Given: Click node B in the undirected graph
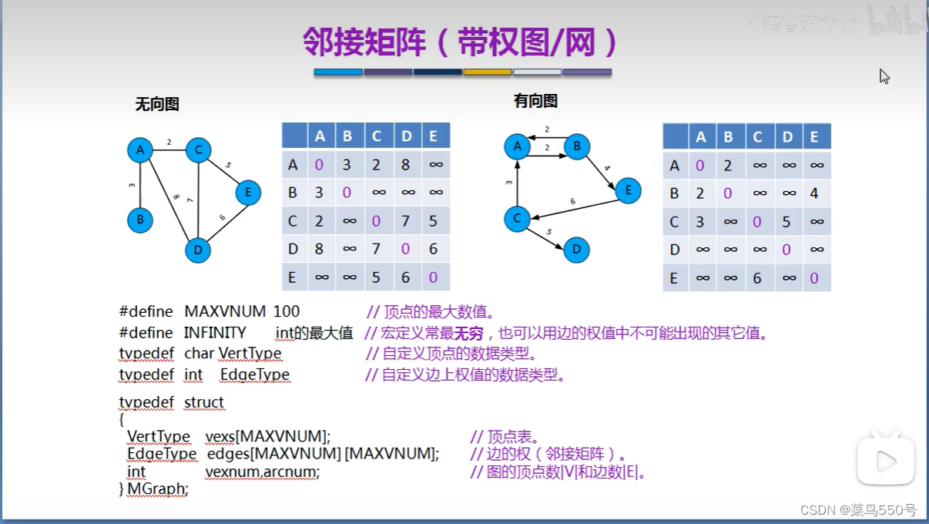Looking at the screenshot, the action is tap(140, 220).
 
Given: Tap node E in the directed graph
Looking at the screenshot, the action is tap(628, 190).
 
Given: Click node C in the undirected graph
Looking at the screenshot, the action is tap(198, 149).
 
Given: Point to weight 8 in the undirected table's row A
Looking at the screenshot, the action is tap(406, 164).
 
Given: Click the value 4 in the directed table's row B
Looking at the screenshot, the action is tap(814, 193).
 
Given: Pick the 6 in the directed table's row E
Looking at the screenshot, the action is tap(757, 278).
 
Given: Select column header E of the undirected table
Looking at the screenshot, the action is tap(434, 136).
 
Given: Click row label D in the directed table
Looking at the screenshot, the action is tap(675, 250).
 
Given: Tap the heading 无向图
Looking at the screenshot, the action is tap(157, 105).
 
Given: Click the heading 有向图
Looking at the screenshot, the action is tap(535, 101).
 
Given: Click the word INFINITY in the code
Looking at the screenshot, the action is tap(215, 333).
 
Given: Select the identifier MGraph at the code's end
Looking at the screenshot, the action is tap(157, 489).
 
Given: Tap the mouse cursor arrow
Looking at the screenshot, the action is tap(884, 76).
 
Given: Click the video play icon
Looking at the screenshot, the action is tap(886, 462).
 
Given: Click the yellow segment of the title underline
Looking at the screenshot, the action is tap(487, 72).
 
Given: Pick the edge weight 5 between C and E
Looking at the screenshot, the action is tap(228, 165).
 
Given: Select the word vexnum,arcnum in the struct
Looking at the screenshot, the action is tap(262, 472).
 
